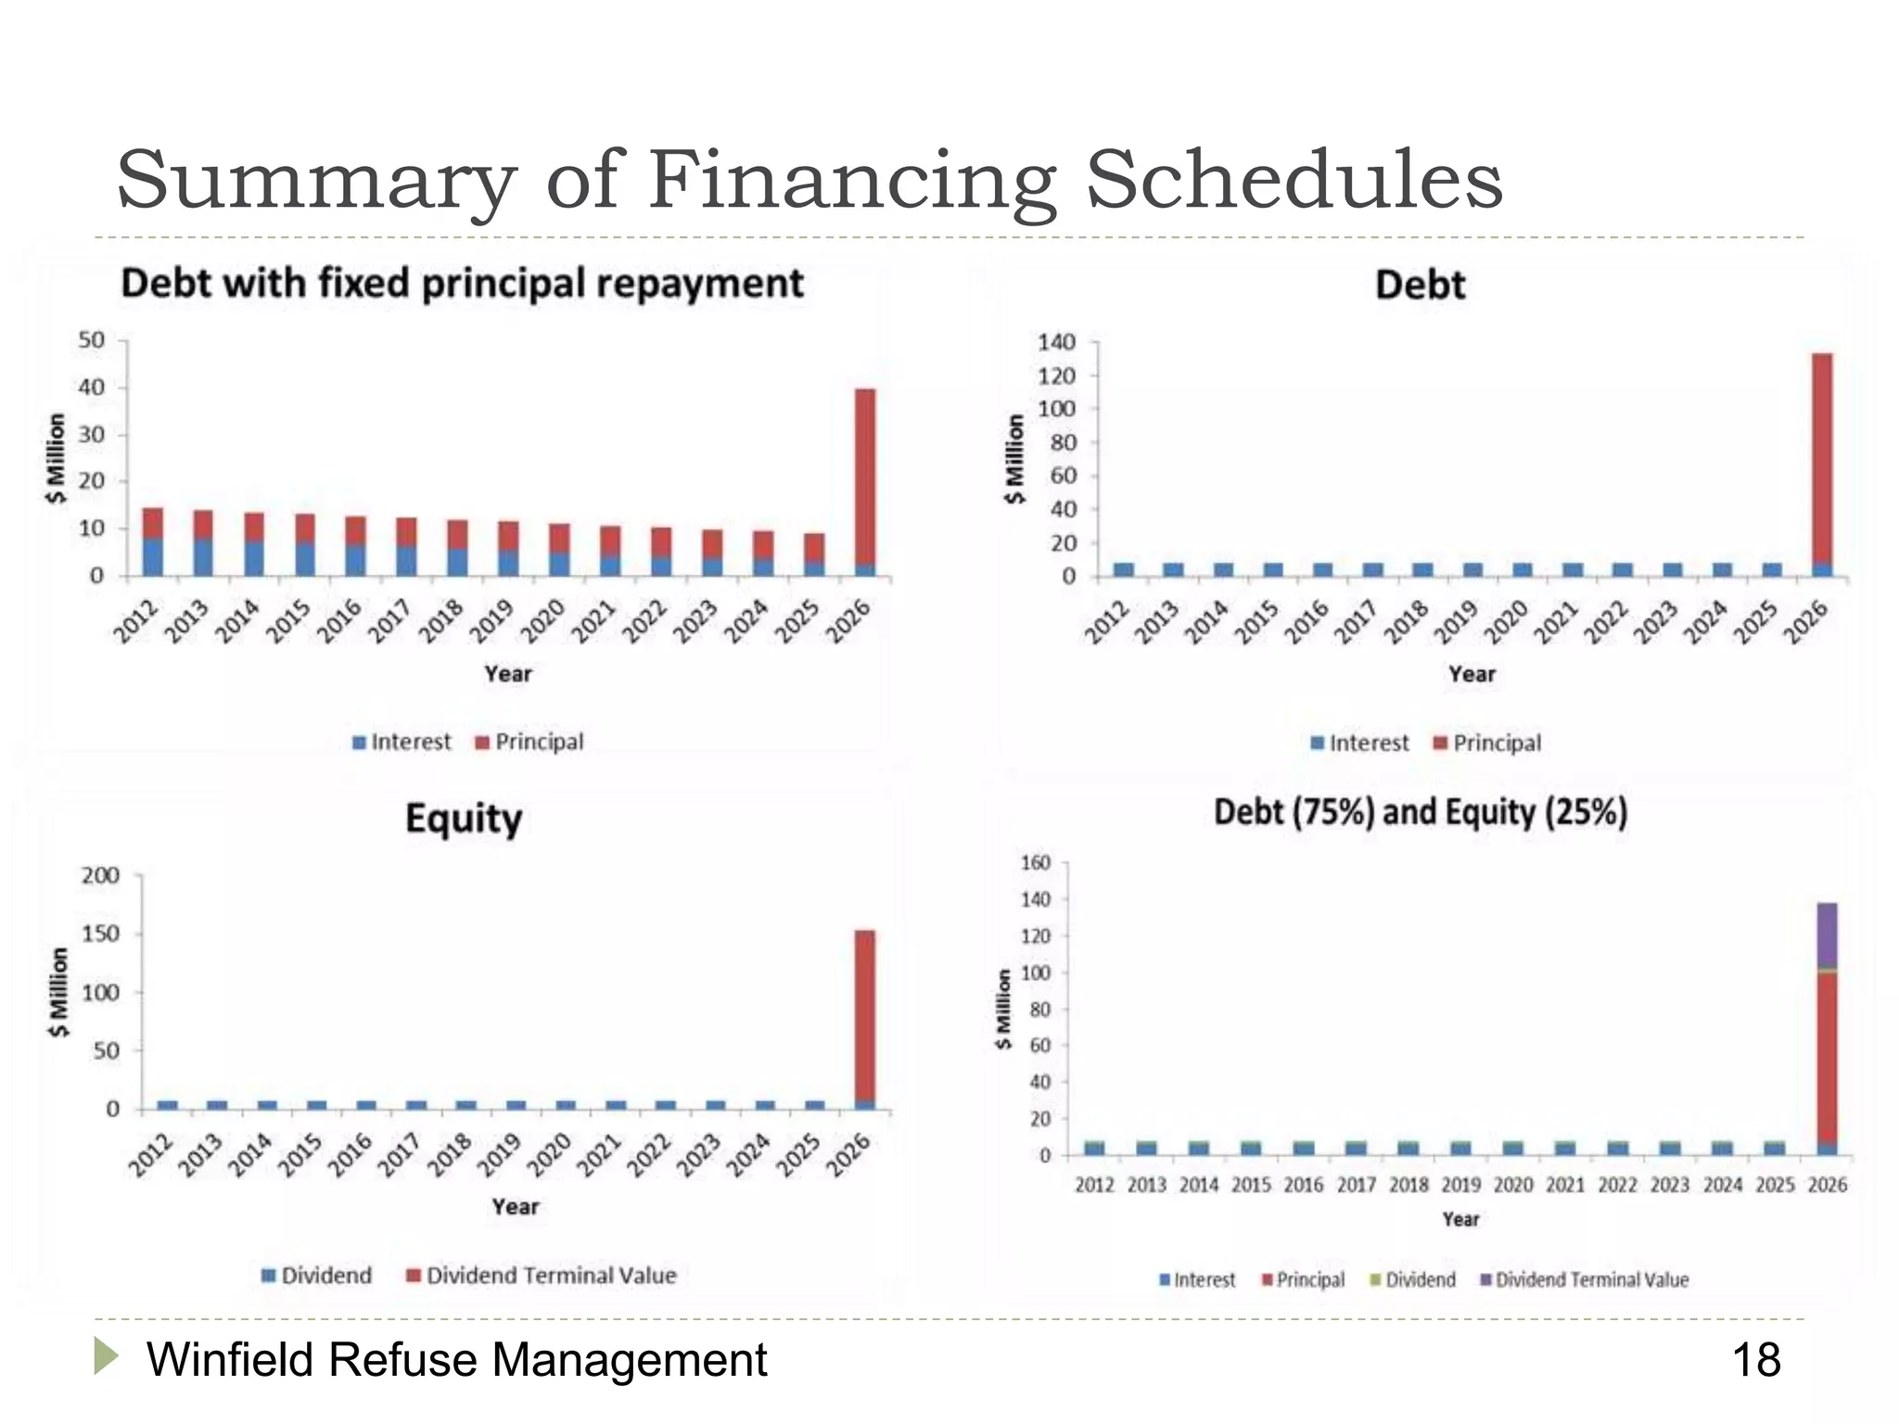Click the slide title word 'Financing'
click(851, 181)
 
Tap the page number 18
click(1755, 1360)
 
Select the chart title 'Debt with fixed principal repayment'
click(462, 284)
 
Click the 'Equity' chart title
click(464, 820)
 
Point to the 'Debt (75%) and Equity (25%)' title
click(1421, 813)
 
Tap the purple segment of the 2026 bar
click(1827, 934)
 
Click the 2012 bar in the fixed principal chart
click(153, 541)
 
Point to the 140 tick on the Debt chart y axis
click(1056, 343)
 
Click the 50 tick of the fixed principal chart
click(91, 340)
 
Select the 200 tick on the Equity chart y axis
click(100, 876)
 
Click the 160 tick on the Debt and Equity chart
click(1035, 863)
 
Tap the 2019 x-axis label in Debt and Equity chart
click(1460, 1185)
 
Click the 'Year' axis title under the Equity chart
click(515, 1207)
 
